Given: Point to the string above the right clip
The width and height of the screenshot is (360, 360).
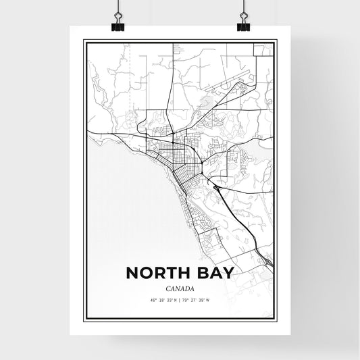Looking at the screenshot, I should [242, 8].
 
